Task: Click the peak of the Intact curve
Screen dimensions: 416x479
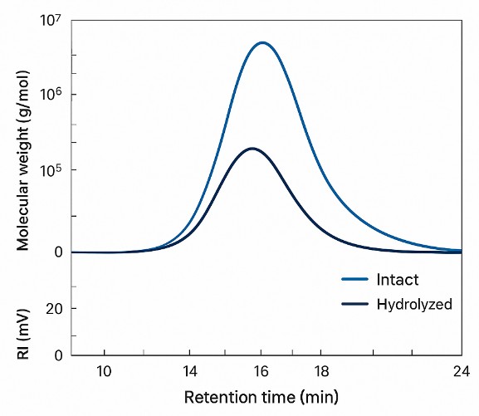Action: click(x=262, y=42)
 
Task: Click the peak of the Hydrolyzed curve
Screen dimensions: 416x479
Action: click(x=252, y=149)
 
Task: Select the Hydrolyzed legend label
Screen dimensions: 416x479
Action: click(x=413, y=304)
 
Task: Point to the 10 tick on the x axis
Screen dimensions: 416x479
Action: click(x=105, y=370)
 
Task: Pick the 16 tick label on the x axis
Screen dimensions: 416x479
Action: click(x=261, y=370)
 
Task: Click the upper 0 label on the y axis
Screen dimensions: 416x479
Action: click(x=59, y=252)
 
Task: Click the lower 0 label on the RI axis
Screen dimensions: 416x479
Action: click(x=59, y=355)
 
